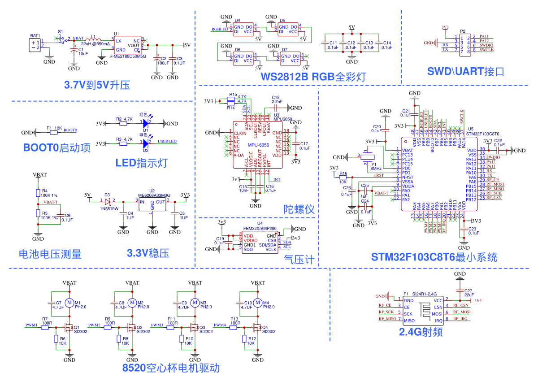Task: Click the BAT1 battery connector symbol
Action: click(x=35, y=45)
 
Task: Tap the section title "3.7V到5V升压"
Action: click(x=97, y=85)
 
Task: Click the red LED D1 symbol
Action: click(x=146, y=123)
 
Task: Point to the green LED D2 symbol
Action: click(x=146, y=143)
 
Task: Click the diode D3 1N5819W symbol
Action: click(x=108, y=200)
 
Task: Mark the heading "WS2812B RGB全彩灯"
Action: click(x=313, y=77)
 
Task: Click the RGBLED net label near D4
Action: click(x=220, y=29)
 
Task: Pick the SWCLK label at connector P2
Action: click(x=486, y=50)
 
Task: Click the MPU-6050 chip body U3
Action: click(x=258, y=144)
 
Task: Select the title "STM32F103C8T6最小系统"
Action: click(x=434, y=257)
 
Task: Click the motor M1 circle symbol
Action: click(x=69, y=303)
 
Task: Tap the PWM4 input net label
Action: click(x=220, y=325)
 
